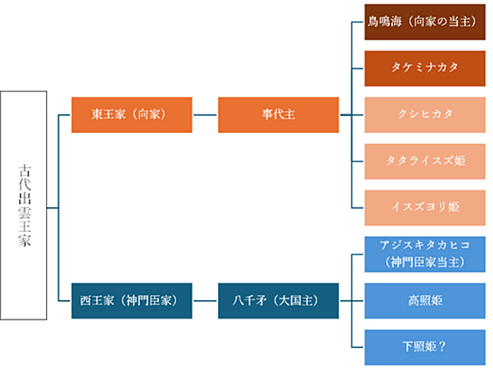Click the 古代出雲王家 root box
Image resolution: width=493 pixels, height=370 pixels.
(x=24, y=205)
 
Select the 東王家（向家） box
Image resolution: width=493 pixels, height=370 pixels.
(x=132, y=114)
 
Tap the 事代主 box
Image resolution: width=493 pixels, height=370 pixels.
(x=278, y=114)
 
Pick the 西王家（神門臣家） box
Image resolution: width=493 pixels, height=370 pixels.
(x=132, y=301)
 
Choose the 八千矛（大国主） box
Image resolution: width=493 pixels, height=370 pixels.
(x=278, y=301)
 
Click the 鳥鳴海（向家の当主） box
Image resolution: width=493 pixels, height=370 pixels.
(x=425, y=22)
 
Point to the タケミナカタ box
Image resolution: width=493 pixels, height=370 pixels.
(x=425, y=68)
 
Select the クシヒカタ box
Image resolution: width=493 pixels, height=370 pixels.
(x=425, y=114)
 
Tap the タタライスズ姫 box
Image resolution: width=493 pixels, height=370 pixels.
(x=425, y=161)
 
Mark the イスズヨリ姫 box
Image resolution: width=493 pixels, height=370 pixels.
(x=425, y=208)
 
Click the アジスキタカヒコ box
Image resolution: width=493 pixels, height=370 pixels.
(x=425, y=254)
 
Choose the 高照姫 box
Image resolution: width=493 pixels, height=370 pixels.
(x=425, y=301)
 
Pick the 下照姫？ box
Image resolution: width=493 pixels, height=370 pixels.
(x=425, y=347)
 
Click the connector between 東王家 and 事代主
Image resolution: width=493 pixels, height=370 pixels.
(x=205, y=114)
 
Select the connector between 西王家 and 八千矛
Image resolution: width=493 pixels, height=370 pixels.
(x=205, y=301)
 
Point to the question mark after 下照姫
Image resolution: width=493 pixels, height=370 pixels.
(x=442, y=346)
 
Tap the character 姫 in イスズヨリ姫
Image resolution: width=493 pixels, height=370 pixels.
(x=453, y=207)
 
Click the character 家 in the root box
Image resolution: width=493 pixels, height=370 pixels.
(x=24, y=240)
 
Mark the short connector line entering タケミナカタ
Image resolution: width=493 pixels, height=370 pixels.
(x=358, y=68)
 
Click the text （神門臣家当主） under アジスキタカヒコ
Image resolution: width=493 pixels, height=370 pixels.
(x=425, y=262)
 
